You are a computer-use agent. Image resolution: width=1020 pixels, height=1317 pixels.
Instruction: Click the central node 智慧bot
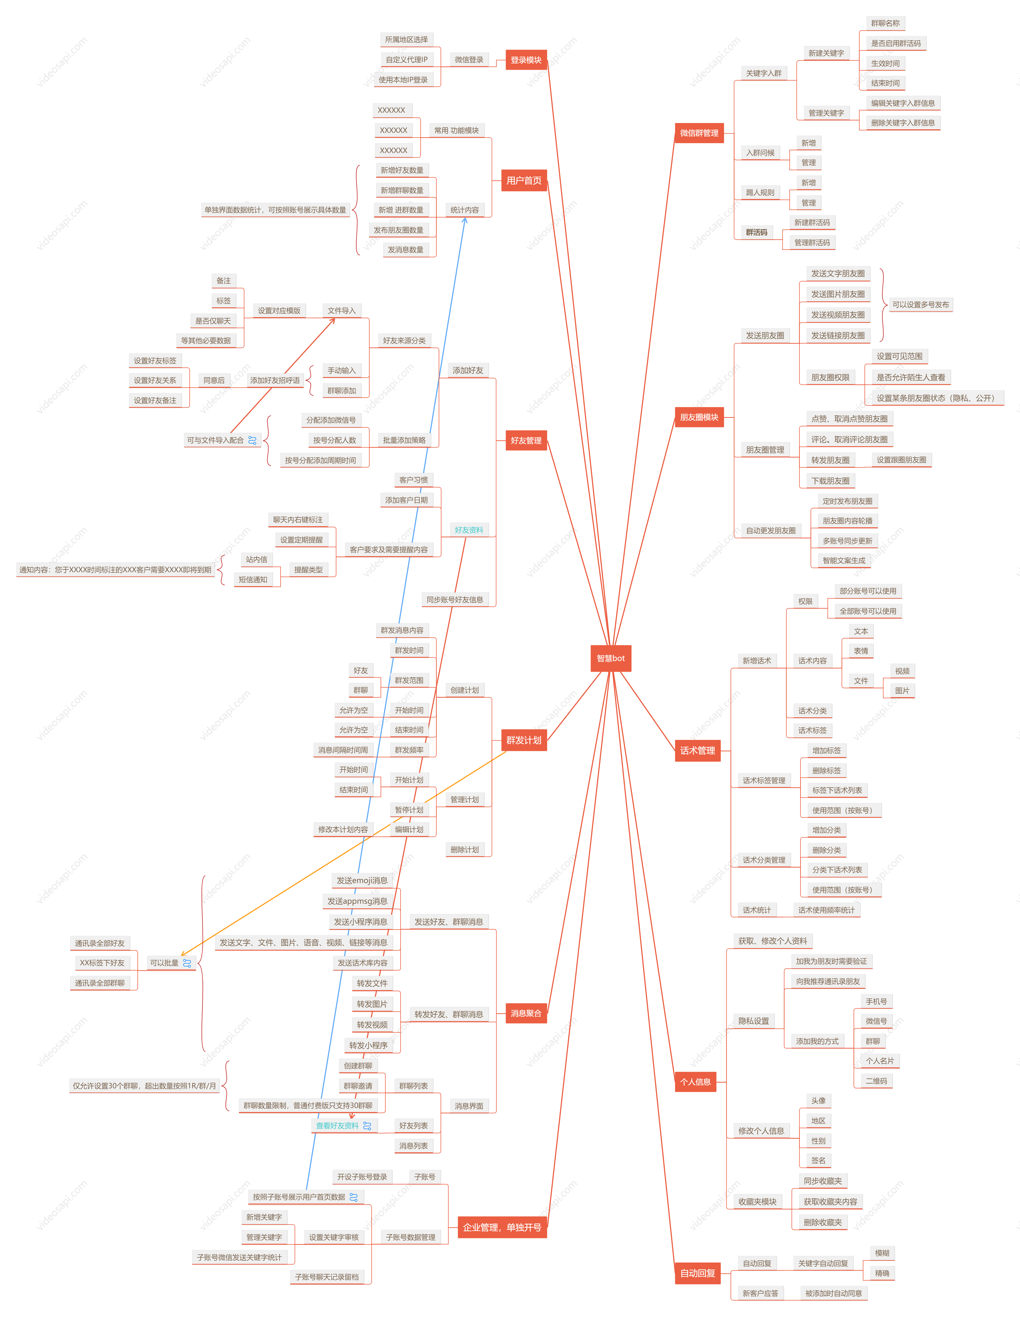[610, 658]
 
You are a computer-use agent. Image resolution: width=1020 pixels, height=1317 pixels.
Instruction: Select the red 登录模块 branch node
[526, 60]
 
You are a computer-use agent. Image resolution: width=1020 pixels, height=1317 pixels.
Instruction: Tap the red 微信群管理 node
[699, 133]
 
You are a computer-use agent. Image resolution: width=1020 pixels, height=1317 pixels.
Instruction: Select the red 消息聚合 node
[526, 1013]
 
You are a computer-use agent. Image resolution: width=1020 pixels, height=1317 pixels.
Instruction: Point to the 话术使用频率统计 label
[826, 910]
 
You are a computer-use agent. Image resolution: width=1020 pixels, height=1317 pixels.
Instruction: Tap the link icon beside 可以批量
[187, 963]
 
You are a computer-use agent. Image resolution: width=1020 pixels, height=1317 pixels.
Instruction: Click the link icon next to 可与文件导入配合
[252, 440]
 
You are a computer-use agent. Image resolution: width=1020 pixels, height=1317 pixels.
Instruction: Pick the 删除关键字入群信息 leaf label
[902, 122]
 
